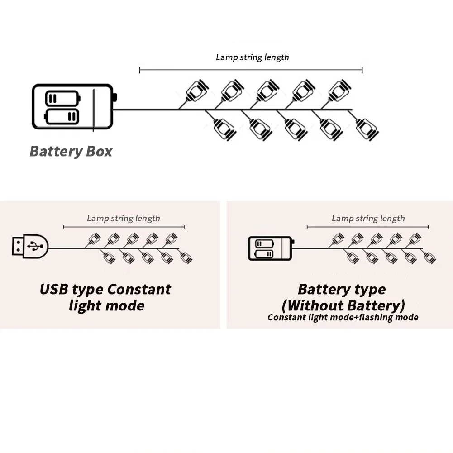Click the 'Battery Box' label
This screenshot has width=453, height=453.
pos(71,152)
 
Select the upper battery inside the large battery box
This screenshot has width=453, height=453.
pos(63,98)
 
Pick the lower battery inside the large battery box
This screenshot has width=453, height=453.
pos(62,116)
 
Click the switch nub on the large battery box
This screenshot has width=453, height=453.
pos(115,97)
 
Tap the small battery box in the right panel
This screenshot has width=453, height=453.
pos(271,248)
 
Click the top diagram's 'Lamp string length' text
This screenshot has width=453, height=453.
pos(252,57)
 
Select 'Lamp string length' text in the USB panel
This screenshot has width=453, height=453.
pos(124,219)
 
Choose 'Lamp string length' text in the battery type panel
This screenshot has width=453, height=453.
pos(368,219)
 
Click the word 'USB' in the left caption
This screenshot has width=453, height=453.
pos(54,289)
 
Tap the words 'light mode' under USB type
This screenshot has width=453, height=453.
pos(107,305)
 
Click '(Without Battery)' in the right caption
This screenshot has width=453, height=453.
pos(343,305)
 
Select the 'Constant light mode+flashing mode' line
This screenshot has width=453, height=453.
pos(343,318)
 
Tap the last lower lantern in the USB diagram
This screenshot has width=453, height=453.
pos(186,257)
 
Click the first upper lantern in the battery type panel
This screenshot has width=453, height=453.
pos(338,239)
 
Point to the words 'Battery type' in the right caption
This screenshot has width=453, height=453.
pos(342,290)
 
